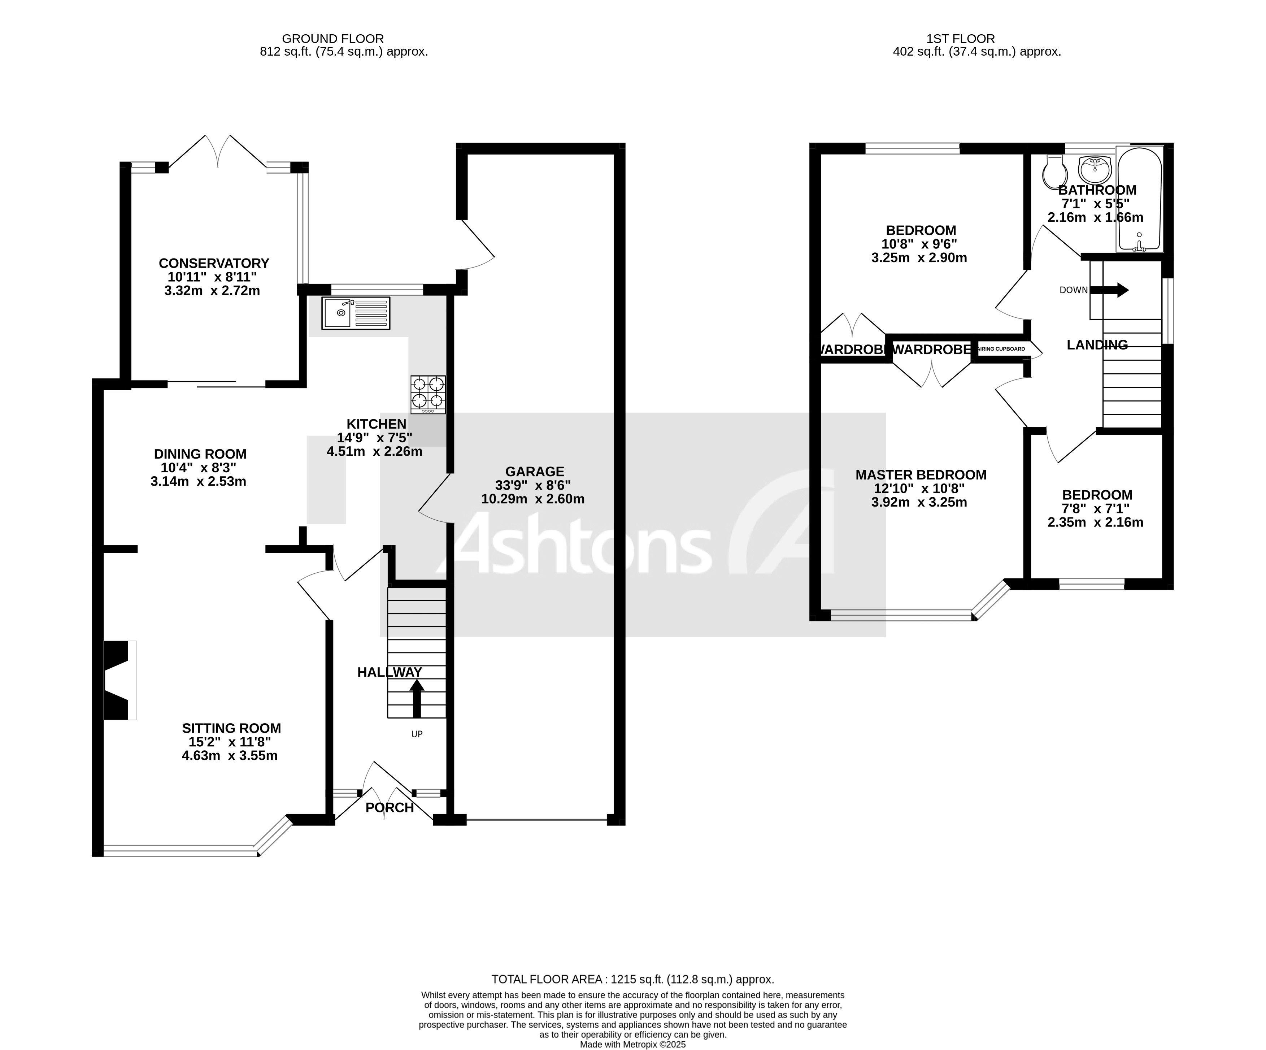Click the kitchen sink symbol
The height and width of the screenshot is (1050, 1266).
(x=356, y=313)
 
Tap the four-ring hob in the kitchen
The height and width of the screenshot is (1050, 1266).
(x=428, y=394)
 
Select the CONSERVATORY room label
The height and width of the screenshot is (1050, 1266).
(x=214, y=264)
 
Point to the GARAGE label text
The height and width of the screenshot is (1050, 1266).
(x=535, y=472)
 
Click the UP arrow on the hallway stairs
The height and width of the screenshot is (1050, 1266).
(x=417, y=698)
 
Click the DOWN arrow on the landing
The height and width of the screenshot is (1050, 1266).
(x=1109, y=290)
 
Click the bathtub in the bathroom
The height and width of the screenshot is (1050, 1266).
(x=1139, y=199)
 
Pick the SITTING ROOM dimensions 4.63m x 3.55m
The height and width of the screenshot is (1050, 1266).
(x=230, y=756)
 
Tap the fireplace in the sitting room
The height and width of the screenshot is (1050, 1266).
(x=119, y=680)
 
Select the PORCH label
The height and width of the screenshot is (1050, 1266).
(x=390, y=808)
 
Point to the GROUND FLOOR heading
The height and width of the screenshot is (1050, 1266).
(x=333, y=39)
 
